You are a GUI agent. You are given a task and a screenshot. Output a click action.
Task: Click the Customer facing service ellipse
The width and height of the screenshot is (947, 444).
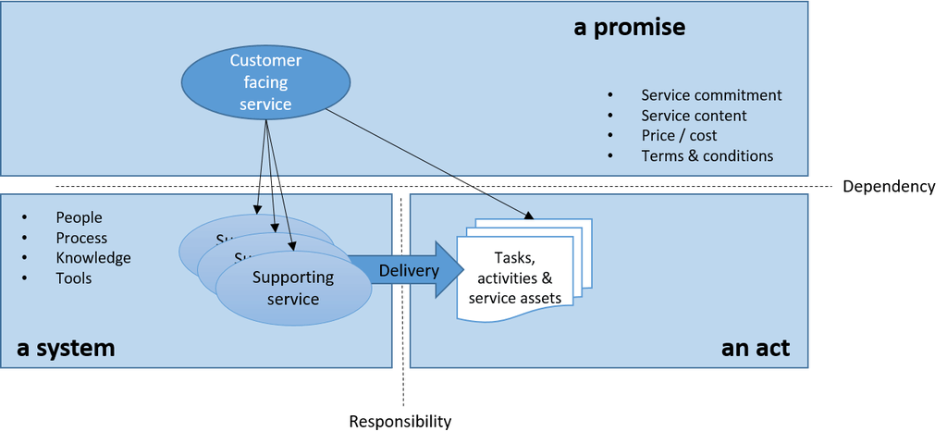[x=265, y=82]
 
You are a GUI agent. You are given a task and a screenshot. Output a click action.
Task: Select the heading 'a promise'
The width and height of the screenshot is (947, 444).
[x=629, y=27]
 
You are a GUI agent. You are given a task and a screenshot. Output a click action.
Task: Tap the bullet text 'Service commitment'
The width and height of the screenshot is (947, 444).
[x=711, y=95]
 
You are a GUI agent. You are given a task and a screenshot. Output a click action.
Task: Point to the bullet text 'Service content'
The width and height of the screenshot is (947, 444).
[x=694, y=116]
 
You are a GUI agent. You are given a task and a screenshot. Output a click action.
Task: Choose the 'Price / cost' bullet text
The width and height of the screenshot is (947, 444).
[x=679, y=136]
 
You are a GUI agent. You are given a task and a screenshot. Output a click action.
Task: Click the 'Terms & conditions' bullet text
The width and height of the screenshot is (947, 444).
[x=707, y=156]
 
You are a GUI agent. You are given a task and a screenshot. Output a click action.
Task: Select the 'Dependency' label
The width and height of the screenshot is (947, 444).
[x=889, y=187]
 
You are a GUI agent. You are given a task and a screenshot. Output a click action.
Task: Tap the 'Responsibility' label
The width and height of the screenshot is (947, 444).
[x=400, y=422]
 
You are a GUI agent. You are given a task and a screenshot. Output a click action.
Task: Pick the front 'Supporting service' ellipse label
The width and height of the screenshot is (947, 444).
[x=292, y=288]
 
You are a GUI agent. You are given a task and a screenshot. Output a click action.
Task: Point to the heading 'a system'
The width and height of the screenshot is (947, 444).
[x=66, y=348]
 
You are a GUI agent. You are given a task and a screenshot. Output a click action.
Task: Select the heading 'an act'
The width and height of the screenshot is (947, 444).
[x=755, y=348]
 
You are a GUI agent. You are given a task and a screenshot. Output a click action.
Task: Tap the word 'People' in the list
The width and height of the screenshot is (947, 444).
[x=79, y=217]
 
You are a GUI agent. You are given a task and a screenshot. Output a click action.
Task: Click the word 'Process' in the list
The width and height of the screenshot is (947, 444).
[x=81, y=238]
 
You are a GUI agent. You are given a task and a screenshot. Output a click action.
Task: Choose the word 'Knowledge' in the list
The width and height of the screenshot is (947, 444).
[x=93, y=258]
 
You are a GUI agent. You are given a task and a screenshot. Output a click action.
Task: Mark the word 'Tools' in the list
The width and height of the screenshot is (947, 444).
[x=74, y=278]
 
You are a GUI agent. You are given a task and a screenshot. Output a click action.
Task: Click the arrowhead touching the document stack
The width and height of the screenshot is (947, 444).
[x=529, y=216]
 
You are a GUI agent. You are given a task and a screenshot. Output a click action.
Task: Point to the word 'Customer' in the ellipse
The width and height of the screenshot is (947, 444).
[x=265, y=61]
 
